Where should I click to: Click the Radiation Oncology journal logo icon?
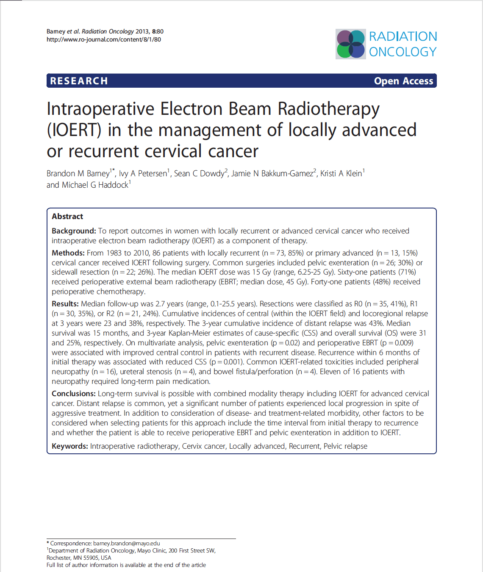(350, 44)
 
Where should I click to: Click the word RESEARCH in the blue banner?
(79, 81)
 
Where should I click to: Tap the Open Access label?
(403, 81)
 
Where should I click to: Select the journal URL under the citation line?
(104, 39)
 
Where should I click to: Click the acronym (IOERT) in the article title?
(74, 130)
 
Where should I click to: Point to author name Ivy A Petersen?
(143, 173)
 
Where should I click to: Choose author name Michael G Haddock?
(95, 185)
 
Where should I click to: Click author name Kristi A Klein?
(341, 173)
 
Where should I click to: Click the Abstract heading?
(67, 216)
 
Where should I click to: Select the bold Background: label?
(74, 231)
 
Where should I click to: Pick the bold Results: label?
(65, 304)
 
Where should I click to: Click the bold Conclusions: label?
(74, 394)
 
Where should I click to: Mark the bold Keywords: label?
(70, 446)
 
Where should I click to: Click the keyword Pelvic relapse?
(345, 446)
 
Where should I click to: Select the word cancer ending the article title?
(233, 151)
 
